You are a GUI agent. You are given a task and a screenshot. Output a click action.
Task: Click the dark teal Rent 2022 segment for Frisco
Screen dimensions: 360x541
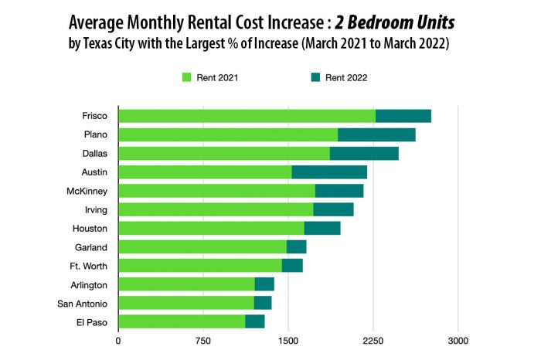403,116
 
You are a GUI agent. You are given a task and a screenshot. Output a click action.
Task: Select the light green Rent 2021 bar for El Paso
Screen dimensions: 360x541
182,321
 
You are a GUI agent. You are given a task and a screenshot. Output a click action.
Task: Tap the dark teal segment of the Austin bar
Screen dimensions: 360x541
329,172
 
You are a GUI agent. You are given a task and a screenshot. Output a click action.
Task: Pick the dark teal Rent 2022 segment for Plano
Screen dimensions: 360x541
376,134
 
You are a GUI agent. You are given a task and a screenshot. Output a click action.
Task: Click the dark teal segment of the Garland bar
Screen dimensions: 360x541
296,246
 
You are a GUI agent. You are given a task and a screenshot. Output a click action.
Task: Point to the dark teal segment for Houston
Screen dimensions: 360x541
322,228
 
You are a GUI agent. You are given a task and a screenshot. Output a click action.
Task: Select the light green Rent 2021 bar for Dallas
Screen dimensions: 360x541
224,153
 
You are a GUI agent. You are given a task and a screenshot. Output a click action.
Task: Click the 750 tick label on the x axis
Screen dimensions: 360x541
203,341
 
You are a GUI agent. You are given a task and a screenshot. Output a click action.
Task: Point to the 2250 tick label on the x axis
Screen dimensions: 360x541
373,341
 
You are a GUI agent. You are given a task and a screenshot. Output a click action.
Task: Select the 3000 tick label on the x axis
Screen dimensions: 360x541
458,341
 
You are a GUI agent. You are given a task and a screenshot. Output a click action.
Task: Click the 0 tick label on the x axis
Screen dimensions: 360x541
118,341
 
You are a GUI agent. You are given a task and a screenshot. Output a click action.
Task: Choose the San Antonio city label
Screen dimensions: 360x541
83,303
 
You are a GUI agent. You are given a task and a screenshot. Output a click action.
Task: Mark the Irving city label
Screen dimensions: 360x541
95,209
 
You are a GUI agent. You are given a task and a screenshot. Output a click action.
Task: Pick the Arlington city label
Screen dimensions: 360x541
89,284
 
